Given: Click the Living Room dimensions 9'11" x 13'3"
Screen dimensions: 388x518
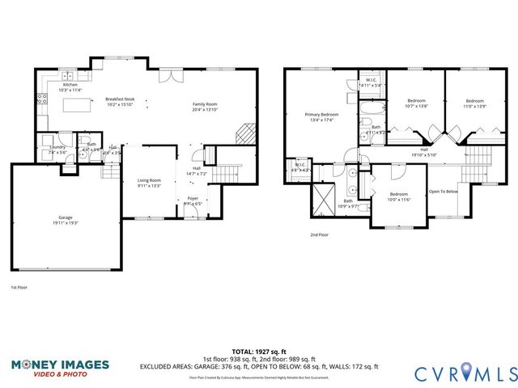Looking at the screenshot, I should tap(149, 185).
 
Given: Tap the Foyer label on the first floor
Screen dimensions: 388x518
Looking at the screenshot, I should tap(193, 197).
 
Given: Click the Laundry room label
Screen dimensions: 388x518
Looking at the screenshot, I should tap(57, 147).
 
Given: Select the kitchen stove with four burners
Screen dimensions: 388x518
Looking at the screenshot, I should tap(41, 100).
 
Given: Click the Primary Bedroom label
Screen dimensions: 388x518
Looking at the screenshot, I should tap(321, 115).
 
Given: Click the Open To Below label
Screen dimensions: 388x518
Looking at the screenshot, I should tap(444, 192).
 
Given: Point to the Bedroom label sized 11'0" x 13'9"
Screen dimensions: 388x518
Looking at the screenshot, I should tap(474, 102).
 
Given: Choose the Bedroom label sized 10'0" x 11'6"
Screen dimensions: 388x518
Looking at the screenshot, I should tap(400, 195).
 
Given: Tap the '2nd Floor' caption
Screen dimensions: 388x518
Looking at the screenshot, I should tap(319, 234).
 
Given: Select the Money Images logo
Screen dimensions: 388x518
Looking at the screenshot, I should tap(59, 368).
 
